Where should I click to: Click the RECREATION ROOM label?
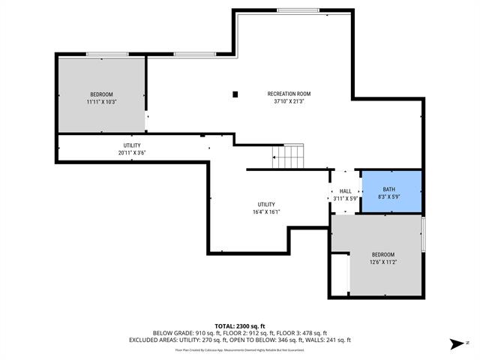point(289,94)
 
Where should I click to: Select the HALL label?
point(345,191)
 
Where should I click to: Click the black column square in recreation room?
point(235,94)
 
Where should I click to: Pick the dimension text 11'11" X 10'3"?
point(102,102)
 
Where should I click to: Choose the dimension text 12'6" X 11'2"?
point(384,262)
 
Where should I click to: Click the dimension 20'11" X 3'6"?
point(132,152)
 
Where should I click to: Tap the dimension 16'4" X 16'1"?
point(267,211)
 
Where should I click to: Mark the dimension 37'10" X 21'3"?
point(289,102)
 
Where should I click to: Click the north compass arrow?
point(455,344)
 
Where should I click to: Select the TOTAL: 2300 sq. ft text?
point(241,325)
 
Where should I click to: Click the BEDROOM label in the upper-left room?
point(102,94)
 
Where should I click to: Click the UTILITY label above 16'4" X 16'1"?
point(267,204)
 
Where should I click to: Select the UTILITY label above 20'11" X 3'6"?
point(132,145)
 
